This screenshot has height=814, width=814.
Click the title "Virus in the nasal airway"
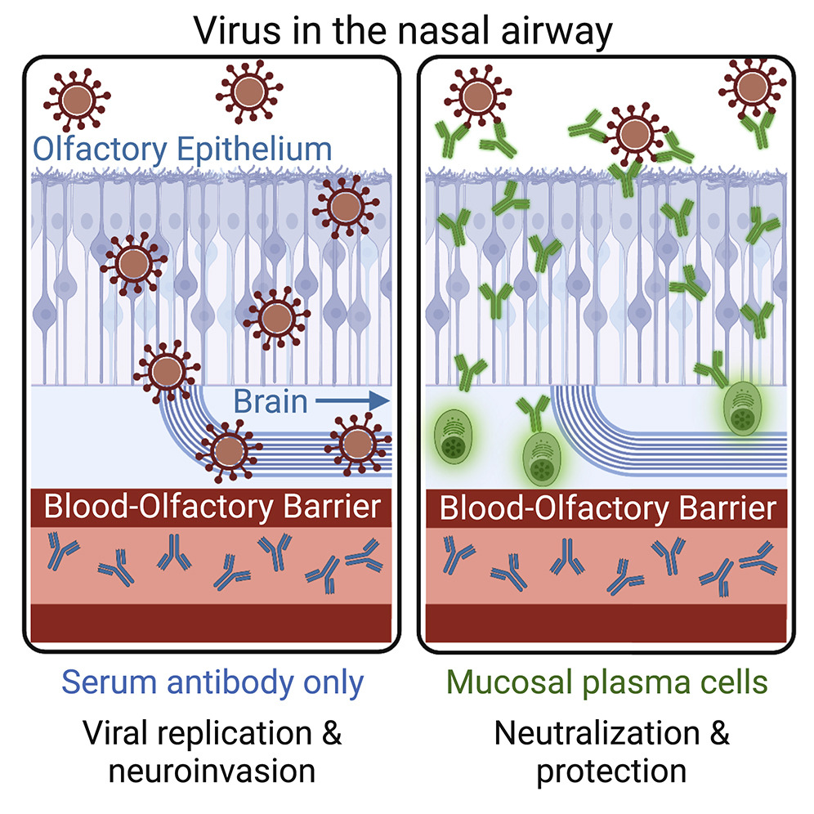pos(403,31)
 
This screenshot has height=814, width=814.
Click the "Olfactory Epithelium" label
pos(182,150)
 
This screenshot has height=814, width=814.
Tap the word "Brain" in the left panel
pos(271,401)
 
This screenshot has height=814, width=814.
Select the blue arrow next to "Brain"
pos(352,400)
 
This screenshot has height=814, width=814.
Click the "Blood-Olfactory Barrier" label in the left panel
pos(212,507)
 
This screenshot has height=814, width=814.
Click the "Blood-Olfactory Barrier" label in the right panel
pos(608,508)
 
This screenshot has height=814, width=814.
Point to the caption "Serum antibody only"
pos(212,682)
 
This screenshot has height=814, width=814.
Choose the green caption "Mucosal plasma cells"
pos(607,682)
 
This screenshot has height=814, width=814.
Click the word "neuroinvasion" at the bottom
pos(212,771)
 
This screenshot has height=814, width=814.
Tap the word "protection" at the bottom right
pos(611,772)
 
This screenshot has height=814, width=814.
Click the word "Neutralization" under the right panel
pos(597,734)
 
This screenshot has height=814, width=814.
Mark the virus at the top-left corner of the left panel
pos(77,99)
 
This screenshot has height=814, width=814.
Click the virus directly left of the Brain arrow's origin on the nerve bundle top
pos(167,372)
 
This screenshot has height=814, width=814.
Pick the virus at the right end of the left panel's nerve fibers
pos(358,444)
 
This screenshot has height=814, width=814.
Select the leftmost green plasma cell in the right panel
pos(454,436)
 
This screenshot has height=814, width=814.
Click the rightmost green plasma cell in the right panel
pos(743,409)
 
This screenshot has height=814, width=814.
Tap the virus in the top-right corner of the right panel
pos(752,86)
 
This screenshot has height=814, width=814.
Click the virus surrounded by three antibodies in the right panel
pos(634,134)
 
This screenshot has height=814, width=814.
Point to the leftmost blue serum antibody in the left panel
pos(61,551)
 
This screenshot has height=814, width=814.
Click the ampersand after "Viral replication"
pos(331,734)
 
